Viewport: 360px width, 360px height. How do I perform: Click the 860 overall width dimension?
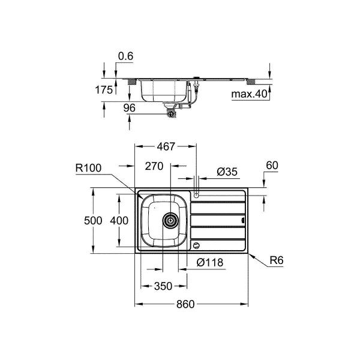[185, 304]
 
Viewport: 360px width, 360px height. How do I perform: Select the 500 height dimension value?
[93, 221]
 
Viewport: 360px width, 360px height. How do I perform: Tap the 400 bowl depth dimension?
[119, 221]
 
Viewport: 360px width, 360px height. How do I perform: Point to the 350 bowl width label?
[163, 286]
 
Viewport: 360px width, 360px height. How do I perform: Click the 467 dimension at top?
[166, 146]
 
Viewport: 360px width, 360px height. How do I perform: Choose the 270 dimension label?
[154, 166]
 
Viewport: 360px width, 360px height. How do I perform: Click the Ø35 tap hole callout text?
[227, 172]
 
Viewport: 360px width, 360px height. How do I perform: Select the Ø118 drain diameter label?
[210, 262]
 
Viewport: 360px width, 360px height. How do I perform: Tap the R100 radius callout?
[88, 168]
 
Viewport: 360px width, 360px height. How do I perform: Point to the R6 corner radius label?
[277, 260]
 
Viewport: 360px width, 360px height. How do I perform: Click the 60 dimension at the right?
[272, 166]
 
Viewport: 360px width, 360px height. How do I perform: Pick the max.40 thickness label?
[250, 94]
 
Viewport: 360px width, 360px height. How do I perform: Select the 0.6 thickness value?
[125, 56]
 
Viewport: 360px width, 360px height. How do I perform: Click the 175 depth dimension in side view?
[104, 90]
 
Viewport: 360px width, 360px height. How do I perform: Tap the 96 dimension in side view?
[129, 108]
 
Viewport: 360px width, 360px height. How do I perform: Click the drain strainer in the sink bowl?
[170, 221]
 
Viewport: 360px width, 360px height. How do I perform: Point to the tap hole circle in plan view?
[196, 196]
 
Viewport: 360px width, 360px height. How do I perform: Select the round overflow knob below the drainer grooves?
[196, 245]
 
